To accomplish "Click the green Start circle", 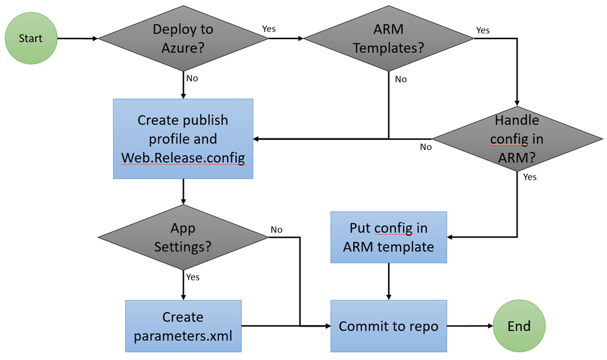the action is [x=31, y=39].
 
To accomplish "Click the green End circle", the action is [x=519, y=326].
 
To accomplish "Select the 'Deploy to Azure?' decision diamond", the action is [x=183, y=39].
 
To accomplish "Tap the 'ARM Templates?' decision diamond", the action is [x=389, y=39].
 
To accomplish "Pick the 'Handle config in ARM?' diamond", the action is [x=517, y=139].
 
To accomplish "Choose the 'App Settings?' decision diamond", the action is [x=183, y=237].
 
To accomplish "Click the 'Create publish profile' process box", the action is [x=183, y=139].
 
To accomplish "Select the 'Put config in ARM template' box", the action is [x=389, y=237].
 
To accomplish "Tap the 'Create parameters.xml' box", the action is [x=183, y=326].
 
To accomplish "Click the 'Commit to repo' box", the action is [x=389, y=326].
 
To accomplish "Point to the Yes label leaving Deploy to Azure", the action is [x=269, y=29].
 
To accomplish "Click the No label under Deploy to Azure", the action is [x=192, y=78].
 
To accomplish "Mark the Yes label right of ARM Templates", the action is [x=483, y=30].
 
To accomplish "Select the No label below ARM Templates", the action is [x=401, y=79].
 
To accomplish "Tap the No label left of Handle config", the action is [x=426, y=147].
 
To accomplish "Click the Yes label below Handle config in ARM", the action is [x=530, y=177].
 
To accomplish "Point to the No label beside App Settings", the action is [x=276, y=230].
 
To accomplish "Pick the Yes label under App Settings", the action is [x=193, y=277].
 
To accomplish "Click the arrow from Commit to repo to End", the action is [x=470, y=326].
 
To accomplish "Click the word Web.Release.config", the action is [x=183, y=158].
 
